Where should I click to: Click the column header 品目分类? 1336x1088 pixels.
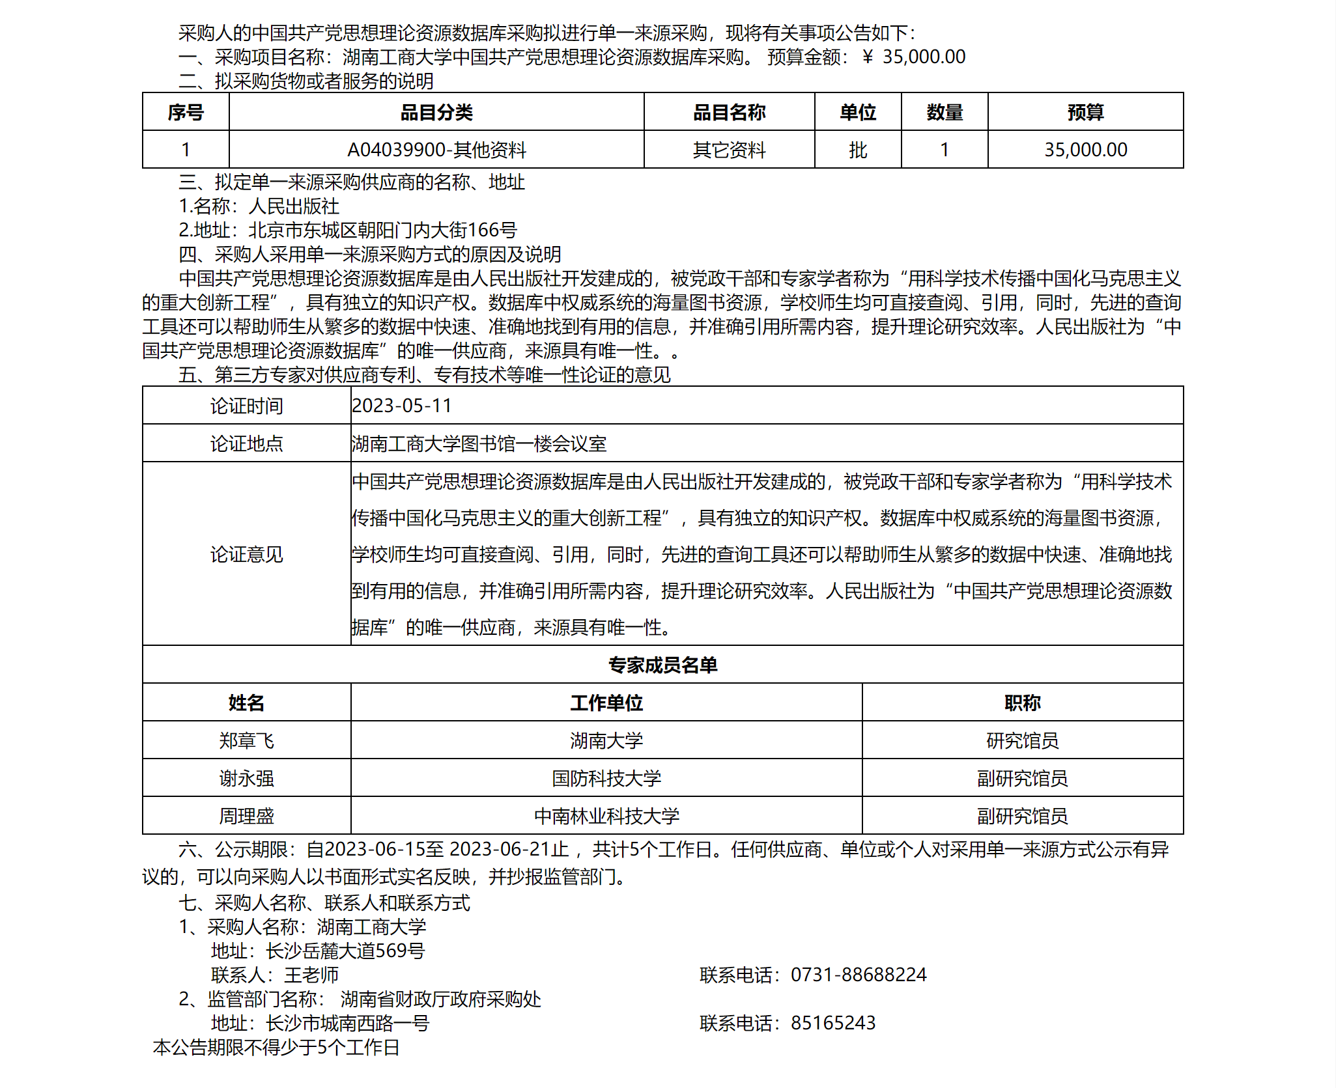tap(436, 113)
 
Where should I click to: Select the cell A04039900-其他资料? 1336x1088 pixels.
tap(436, 150)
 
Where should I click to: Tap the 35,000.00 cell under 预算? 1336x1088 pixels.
tap(1085, 150)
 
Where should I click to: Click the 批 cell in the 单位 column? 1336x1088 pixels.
tap(858, 150)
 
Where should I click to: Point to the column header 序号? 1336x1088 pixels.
tap(186, 113)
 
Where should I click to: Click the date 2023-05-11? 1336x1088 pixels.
tap(402, 406)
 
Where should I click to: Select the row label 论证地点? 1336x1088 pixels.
tap(246, 443)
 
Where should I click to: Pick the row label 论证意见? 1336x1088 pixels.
tap(246, 554)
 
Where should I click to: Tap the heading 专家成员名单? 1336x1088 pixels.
tap(662, 665)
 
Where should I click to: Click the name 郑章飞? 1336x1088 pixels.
tap(246, 740)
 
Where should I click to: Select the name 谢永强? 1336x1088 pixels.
tap(246, 778)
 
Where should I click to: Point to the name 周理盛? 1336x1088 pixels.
tap(246, 816)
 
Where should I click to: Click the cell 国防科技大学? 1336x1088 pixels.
tap(606, 778)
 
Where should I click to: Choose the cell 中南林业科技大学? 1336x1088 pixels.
tap(606, 816)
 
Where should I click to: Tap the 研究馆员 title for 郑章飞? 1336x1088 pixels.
tap(1022, 740)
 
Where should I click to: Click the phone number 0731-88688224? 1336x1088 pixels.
tap(859, 975)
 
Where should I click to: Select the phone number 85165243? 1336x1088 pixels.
tap(833, 1023)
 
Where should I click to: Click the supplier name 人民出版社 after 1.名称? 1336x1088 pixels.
tap(294, 206)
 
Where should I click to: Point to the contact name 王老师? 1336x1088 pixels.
tap(311, 975)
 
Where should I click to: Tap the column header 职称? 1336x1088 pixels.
tap(1022, 703)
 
